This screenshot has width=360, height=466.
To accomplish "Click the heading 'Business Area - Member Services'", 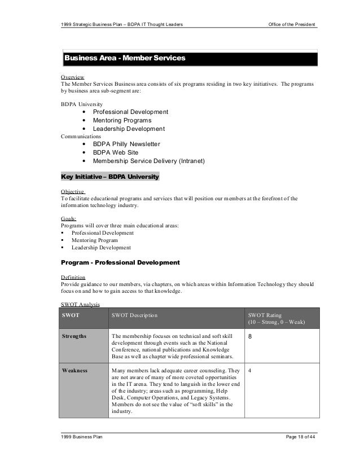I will [x=125, y=58].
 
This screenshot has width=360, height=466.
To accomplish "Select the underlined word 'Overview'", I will [x=72, y=77].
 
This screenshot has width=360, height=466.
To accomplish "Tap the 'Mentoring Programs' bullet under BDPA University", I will [x=122, y=120].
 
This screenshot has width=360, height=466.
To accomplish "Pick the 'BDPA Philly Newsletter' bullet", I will [x=126, y=144].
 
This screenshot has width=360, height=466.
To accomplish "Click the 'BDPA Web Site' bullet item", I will [x=115, y=152].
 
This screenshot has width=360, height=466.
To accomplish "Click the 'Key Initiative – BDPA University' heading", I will [x=110, y=177].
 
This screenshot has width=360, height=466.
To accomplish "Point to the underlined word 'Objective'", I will [x=73, y=192].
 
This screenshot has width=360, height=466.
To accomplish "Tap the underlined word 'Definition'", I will [x=73, y=277].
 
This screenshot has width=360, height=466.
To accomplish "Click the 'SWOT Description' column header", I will [x=135, y=315].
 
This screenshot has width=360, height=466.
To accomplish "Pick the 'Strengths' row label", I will [x=74, y=336].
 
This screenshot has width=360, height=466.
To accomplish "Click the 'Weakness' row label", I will [x=73, y=371].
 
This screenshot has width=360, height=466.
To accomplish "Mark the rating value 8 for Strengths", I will [x=251, y=337].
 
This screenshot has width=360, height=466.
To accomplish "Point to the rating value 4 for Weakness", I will [x=250, y=371].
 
